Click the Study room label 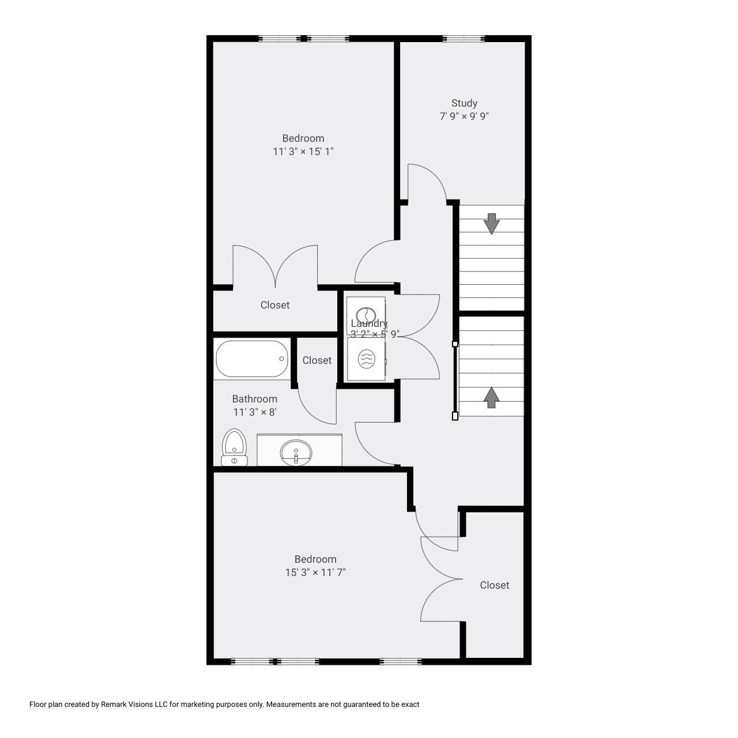[464, 103]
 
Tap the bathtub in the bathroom [252, 359]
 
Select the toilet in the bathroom [234, 447]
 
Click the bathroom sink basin [296, 452]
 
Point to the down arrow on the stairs [491, 224]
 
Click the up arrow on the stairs [491, 397]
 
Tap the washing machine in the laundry [366, 315]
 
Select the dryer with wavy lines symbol [366, 359]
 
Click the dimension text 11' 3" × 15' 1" [303, 152]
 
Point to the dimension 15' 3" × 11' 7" [315, 573]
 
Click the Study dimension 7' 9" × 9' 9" [464, 116]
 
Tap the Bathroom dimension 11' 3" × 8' [255, 412]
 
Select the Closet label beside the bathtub [317, 360]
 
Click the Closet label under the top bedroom [274, 305]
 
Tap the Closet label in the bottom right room [495, 585]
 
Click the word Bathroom [255, 399]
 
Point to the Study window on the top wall [464, 38]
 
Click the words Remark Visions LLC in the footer [134, 705]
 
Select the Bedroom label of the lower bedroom [315, 559]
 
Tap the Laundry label [369, 323]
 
